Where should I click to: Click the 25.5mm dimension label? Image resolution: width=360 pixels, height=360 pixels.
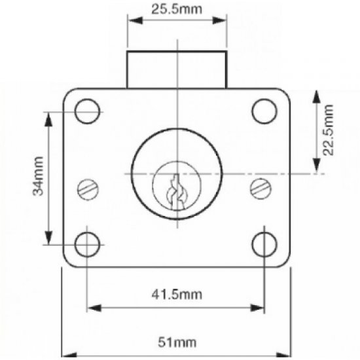click(x=177, y=9)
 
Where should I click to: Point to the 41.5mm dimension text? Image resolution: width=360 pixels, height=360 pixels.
click(x=177, y=294)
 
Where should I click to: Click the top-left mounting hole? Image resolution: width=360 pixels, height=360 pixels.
click(x=87, y=111)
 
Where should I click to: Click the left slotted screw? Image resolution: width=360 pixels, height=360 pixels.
click(x=87, y=189)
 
